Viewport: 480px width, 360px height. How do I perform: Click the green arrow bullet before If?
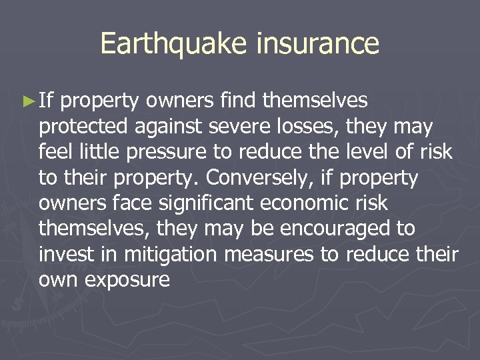(27, 101)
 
